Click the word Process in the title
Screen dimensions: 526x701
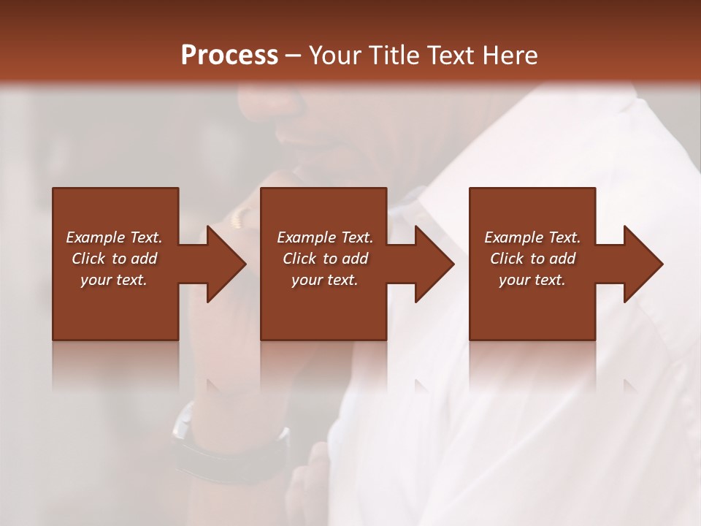pyautogui.click(x=229, y=56)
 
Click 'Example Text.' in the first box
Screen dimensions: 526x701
pyautogui.click(x=114, y=237)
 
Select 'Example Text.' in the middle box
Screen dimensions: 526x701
pyautogui.click(x=325, y=237)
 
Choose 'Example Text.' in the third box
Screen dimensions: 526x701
pyautogui.click(x=532, y=237)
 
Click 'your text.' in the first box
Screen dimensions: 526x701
pyautogui.click(x=114, y=280)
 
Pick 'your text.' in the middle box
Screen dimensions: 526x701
pyautogui.click(x=325, y=280)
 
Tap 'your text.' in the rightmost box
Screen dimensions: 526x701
pyautogui.click(x=532, y=280)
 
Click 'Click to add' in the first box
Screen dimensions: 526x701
pyautogui.click(x=114, y=259)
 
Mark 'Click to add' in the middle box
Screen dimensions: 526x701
pyautogui.click(x=325, y=259)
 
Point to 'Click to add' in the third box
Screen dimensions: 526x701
pyautogui.click(x=532, y=259)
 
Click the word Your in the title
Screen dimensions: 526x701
pyautogui.click(x=335, y=56)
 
